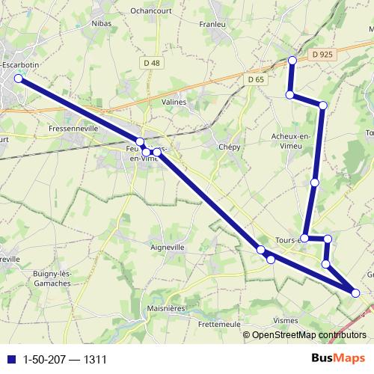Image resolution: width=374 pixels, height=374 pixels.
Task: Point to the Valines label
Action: click(x=174, y=102)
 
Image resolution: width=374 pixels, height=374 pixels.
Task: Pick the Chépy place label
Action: click(x=229, y=147)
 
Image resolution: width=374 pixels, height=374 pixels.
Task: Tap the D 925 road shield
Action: click(x=322, y=55)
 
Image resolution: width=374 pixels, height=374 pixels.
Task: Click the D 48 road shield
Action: click(x=151, y=63)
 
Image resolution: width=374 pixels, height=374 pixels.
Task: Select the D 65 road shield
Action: click(x=256, y=79)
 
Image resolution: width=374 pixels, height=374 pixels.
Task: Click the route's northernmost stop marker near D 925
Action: click(x=292, y=60)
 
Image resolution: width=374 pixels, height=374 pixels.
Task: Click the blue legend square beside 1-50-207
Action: click(x=10, y=360)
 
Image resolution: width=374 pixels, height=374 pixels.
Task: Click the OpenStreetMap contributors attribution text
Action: click(x=309, y=336)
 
